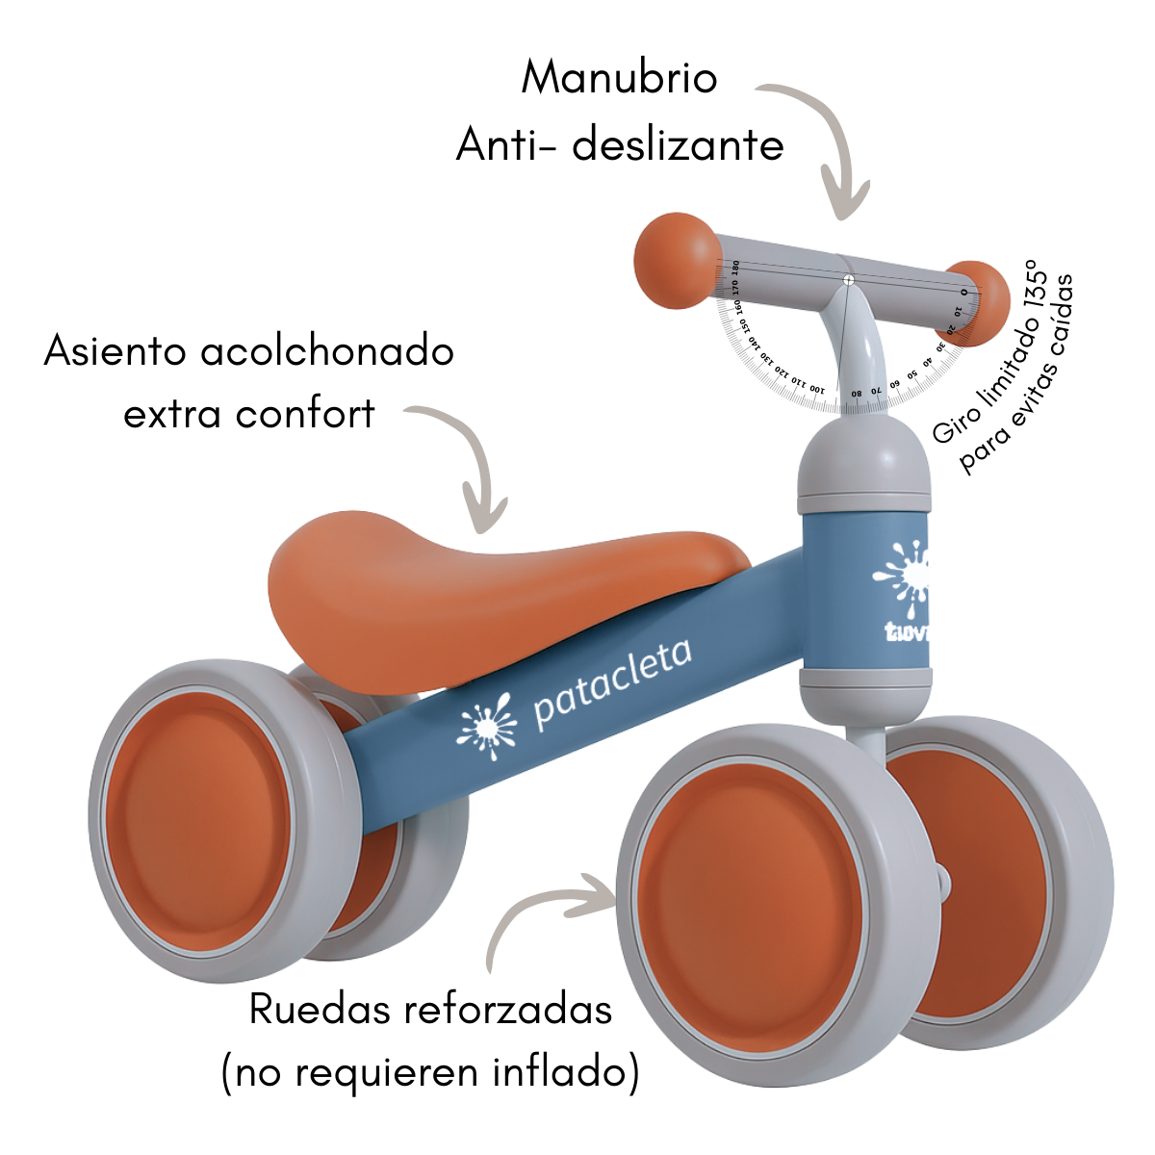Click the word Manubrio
pyautogui.click(x=619, y=78)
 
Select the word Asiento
pyautogui.click(x=115, y=351)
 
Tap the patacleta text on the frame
pyautogui.click(x=612, y=684)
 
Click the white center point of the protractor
pyautogui.click(x=848, y=280)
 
